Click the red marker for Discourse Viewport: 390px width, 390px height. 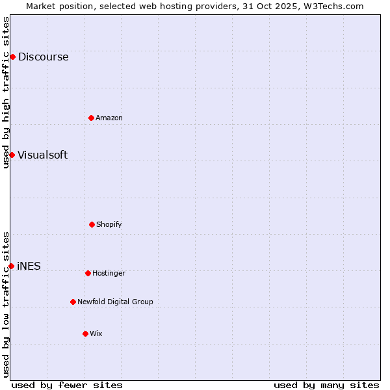click(12, 57)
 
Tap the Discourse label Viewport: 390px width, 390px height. click(43, 57)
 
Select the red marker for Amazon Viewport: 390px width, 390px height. click(91, 118)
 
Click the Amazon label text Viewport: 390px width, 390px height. click(109, 118)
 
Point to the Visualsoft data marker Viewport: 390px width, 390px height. click(12, 155)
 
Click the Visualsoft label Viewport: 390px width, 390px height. click(42, 155)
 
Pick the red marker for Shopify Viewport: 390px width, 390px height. click(92, 224)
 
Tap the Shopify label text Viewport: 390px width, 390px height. click(109, 225)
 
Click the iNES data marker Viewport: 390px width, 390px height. click(11, 266)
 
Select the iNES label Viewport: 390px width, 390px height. click(29, 266)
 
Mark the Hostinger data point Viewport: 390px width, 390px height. click(88, 273)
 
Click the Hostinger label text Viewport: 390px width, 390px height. click(109, 274)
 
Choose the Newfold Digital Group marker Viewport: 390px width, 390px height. click(73, 302)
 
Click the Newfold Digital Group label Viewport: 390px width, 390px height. click(115, 302)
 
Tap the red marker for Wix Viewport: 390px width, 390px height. click(85, 333)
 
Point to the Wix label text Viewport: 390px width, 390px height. click(96, 334)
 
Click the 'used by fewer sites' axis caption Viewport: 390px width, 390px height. click(67, 385)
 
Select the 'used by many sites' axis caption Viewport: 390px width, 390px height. click(326, 385)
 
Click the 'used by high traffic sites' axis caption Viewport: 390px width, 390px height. click(6, 92)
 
